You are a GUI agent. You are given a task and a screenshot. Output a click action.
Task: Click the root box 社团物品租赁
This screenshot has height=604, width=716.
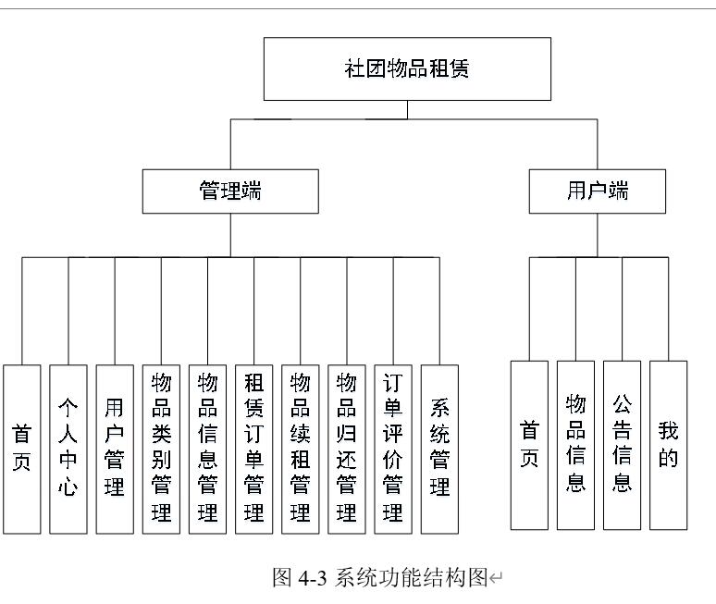pos(407,68)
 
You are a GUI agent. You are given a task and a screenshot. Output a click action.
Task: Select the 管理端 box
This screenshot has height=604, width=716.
pos(230,191)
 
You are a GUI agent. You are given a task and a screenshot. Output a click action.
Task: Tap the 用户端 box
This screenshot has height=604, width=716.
pos(597,191)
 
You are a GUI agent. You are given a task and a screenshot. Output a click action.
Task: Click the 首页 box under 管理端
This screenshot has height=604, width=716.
pos(21,449)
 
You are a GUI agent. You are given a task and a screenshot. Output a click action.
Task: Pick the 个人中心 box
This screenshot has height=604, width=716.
pos(68,449)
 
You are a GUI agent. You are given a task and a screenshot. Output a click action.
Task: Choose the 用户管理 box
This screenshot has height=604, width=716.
pos(114,449)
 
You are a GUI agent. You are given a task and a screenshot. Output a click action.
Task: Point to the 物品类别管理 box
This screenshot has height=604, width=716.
pos(161,449)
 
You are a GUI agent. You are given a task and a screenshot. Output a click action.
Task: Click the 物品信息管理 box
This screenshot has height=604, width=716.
pos(207,449)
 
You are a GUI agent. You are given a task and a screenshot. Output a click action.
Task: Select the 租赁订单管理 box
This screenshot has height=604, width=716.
pos(253,449)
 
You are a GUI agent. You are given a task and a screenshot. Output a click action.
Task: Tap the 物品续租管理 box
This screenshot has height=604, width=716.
pos(301,449)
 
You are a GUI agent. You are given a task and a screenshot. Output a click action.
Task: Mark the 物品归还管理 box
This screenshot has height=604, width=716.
pos(347,449)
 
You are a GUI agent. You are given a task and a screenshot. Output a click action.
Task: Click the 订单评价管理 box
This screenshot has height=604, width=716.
pos(393,449)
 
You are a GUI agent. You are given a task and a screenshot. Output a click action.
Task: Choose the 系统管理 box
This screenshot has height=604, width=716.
pos(439,449)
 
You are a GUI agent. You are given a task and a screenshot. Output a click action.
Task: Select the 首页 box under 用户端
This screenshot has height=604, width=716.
pos(529,445)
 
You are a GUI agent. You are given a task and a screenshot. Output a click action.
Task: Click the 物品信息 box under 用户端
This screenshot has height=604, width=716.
pos(575,445)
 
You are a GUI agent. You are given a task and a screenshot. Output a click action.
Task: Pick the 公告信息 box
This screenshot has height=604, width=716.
pos(622,445)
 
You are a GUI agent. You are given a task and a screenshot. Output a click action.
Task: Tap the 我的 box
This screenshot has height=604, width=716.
pos(668,445)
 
